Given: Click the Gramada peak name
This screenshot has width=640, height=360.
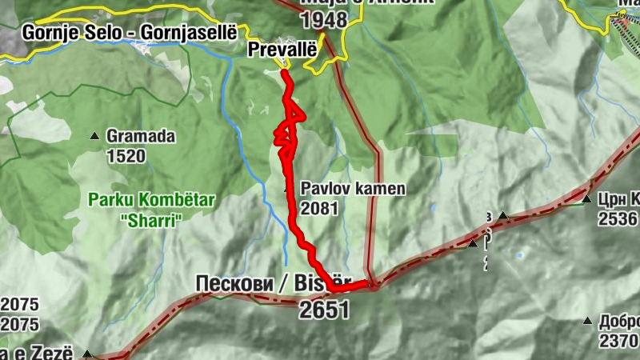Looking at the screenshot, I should (x=140, y=137).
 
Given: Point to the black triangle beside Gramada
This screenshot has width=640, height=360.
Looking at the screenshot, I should (x=95, y=136).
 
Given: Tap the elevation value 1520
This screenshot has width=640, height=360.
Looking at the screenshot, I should (x=126, y=155).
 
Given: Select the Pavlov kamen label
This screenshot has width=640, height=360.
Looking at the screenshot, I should (x=353, y=190).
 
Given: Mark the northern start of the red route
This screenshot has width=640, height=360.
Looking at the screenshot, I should (x=284, y=73).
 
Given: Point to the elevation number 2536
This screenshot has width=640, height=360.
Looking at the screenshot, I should (x=618, y=219).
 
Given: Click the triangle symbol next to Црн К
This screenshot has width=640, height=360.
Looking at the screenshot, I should (x=586, y=199).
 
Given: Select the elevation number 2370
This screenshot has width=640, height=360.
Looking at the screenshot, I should (x=618, y=341).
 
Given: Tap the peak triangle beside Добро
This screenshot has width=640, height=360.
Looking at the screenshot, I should (x=587, y=322).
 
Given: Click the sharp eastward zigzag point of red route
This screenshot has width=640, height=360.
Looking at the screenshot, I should (x=304, y=117).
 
